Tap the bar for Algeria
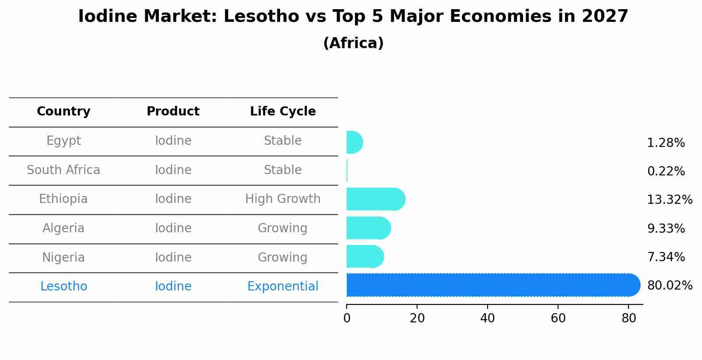368,228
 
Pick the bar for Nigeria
365,257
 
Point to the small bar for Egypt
354,142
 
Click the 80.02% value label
670,286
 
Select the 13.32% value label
670,200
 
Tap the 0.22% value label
666,171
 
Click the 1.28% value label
666,143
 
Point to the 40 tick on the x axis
487,318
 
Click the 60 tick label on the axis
558,318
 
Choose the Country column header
63,112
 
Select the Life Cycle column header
283,112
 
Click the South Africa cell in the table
63,170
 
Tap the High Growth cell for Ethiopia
283,199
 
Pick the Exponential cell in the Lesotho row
283,287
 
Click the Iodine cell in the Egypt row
173,141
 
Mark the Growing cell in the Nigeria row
282,257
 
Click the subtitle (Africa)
353,43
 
